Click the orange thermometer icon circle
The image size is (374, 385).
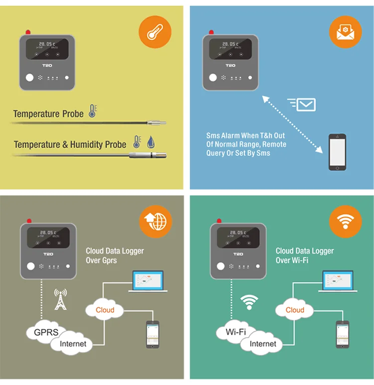click(x=154, y=32)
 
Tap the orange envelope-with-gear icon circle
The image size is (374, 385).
click(x=345, y=32)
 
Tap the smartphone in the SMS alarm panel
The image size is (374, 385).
click(x=337, y=152)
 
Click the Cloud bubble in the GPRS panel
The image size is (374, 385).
click(x=105, y=310)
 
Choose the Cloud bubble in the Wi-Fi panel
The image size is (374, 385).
click(x=295, y=310)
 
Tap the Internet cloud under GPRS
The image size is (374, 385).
click(x=73, y=344)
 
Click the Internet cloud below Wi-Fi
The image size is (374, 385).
click(x=262, y=344)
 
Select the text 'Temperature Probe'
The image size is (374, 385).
click(x=48, y=114)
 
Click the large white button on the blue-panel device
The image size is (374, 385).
click(x=213, y=77)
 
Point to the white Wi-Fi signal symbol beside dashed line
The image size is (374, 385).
click(x=249, y=301)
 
